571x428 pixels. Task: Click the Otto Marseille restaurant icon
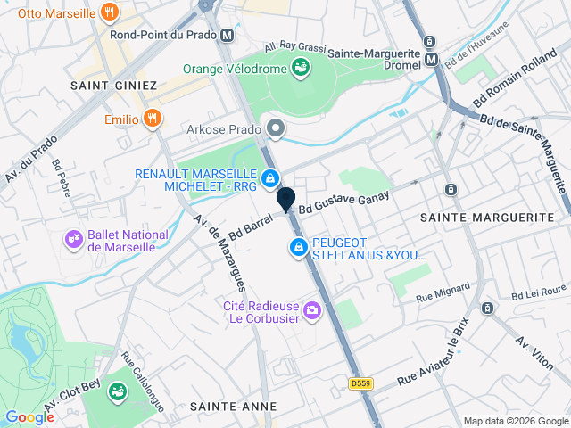(x=109, y=12)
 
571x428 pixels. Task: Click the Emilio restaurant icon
(x=153, y=119)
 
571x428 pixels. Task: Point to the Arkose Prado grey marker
(x=276, y=129)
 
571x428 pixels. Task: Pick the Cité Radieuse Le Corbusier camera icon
(x=312, y=311)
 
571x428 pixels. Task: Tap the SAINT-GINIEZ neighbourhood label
(x=113, y=86)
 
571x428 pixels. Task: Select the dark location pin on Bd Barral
(x=286, y=199)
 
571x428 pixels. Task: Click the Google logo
(x=29, y=416)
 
